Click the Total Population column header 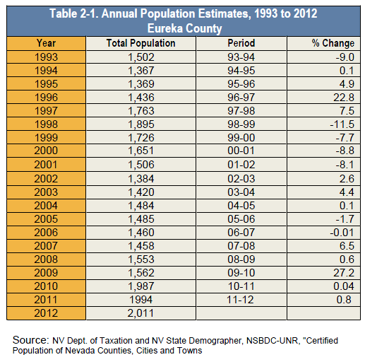[x=140, y=43]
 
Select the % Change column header [x=333, y=43]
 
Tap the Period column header [x=241, y=43]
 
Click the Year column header [x=46, y=43]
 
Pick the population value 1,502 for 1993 [x=141, y=57]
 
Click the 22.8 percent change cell [x=344, y=98]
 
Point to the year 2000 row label [x=46, y=151]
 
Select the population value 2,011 [x=140, y=313]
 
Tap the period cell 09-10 [x=241, y=273]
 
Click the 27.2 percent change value [x=344, y=273]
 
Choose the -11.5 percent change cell [x=342, y=124]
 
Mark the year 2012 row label [x=46, y=313]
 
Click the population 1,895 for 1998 [x=141, y=124]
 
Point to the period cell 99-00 [x=241, y=138]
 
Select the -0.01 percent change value [x=342, y=233]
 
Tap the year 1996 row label [x=46, y=98]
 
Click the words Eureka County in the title [x=185, y=28]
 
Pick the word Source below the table [x=30, y=340]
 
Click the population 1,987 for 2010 [x=141, y=286]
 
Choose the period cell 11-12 [x=240, y=300]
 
